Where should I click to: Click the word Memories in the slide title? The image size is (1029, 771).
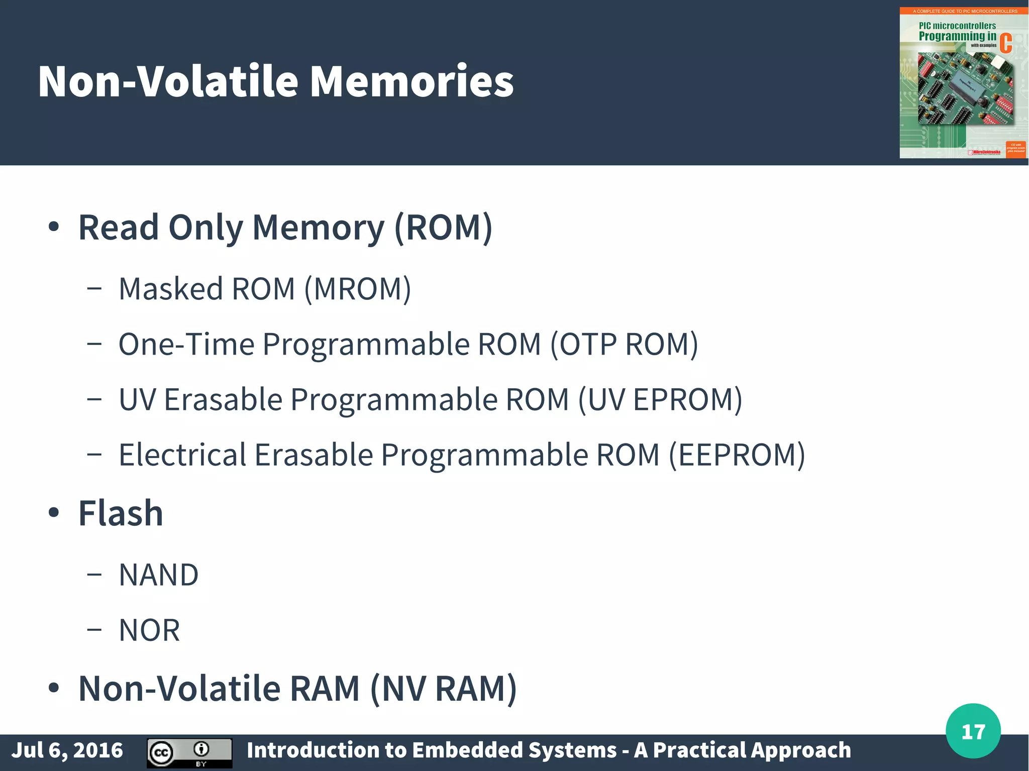point(411,81)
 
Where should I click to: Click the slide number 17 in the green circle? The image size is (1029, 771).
point(973,731)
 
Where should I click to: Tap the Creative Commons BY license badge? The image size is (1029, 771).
point(189,752)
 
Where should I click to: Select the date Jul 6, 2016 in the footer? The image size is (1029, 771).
point(67,750)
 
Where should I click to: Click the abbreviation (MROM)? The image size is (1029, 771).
point(358,289)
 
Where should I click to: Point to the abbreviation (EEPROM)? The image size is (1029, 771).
point(737,455)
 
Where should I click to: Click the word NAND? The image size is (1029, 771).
point(159,575)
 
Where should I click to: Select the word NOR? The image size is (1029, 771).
point(149,630)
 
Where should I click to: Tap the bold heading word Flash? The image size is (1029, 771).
point(121,513)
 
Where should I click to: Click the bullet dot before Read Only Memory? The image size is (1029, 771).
point(54,227)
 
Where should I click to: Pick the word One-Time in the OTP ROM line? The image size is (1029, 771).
point(186,345)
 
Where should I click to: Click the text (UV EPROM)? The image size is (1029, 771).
point(660,400)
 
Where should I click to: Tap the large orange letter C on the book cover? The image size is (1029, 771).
point(1005,43)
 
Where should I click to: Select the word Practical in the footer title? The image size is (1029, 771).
point(696,750)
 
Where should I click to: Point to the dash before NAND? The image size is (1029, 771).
point(94,575)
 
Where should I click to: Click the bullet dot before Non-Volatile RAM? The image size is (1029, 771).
point(54,688)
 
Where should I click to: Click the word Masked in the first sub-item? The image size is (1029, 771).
point(171,289)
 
